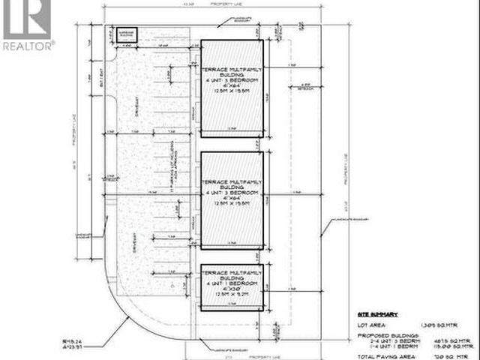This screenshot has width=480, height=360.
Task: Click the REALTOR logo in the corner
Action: click(x=27, y=25)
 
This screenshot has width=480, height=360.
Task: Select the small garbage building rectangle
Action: click(x=125, y=34)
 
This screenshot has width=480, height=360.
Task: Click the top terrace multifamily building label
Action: click(x=232, y=73)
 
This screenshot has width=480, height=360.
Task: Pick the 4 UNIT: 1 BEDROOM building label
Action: click(x=232, y=283)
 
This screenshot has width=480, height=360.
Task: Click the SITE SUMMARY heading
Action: click(x=375, y=315)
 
